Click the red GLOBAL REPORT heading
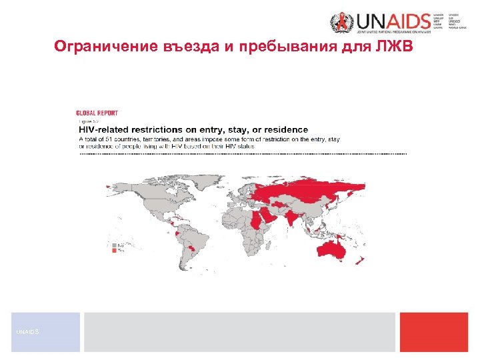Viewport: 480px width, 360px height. click(x=97, y=113)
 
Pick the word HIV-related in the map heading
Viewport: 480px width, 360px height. click(x=106, y=129)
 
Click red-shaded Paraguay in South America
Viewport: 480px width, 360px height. click(x=193, y=248)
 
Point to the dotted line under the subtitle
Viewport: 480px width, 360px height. click(x=243, y=154)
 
